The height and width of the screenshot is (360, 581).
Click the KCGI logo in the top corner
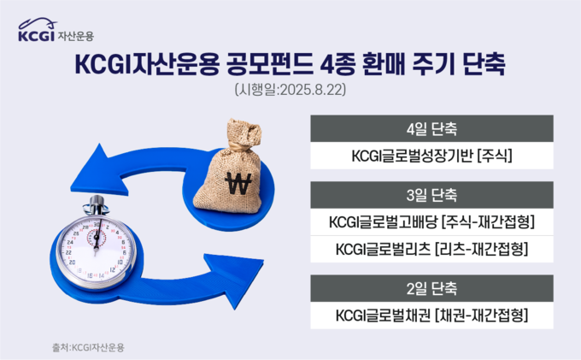56,29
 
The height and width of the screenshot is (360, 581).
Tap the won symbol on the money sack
238,184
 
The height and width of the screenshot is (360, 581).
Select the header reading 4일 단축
431,128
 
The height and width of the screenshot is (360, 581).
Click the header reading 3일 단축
431,195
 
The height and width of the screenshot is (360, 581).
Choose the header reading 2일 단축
431,288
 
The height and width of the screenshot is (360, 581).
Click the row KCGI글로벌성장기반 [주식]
431,156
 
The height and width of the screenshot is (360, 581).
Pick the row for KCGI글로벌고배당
431,222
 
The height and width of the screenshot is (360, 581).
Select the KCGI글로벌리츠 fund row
431,249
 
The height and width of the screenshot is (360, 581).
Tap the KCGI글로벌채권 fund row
431,316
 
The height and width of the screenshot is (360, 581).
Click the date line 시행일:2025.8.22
290,89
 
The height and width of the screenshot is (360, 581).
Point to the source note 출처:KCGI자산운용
88,347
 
